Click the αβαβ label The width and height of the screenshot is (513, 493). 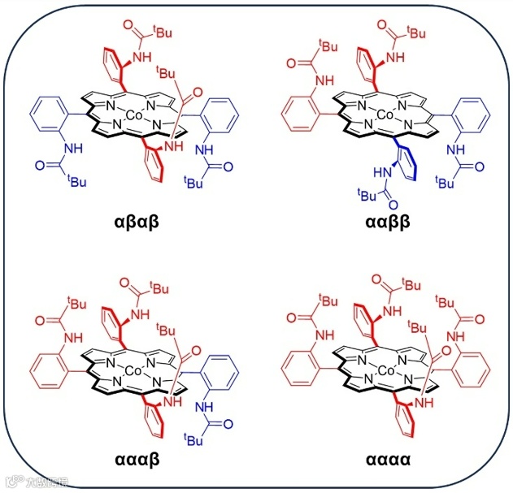coord(141,220)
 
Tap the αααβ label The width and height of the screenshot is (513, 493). coord(141,459)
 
